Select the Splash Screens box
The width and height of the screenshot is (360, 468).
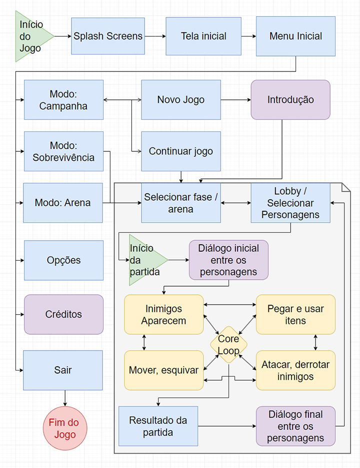pos(108,36)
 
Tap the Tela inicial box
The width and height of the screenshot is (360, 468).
pos(203,36)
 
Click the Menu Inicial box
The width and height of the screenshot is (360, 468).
pos(295,36)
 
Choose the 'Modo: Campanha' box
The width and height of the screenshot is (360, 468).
pos(63,100)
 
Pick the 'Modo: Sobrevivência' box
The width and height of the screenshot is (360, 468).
pos(63,151)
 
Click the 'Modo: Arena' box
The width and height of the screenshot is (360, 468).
pos(63,203)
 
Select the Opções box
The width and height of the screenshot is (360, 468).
pos(63,260)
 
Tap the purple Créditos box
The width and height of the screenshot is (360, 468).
pos(63,314)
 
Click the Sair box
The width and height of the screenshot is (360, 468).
pos(63,370)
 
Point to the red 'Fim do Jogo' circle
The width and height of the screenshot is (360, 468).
pos(63,429)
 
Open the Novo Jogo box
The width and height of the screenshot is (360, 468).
pos(181,100)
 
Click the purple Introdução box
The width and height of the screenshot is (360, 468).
pos(290,100)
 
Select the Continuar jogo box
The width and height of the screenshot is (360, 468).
pos(181,151)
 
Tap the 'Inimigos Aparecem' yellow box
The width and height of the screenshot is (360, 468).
pos(164,314)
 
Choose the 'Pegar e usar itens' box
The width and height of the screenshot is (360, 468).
pos(295,314)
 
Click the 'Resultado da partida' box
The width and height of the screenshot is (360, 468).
pos(158,426)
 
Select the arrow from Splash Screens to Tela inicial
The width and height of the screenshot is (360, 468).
pos(155,36)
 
